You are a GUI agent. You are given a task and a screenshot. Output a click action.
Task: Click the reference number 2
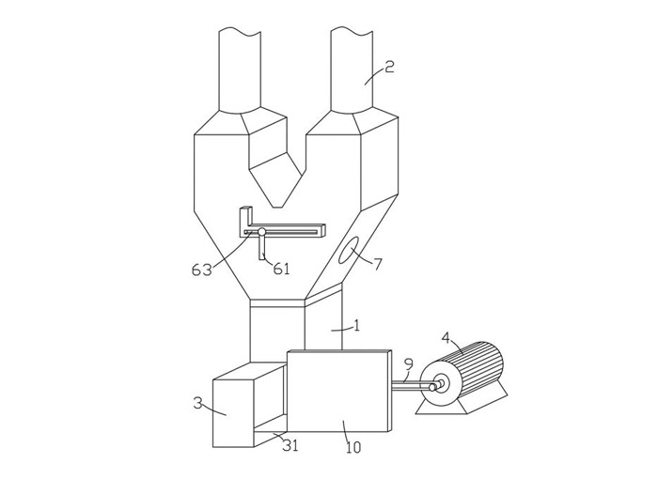point(390,67)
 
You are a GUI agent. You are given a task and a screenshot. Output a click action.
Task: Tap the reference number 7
point(378,264)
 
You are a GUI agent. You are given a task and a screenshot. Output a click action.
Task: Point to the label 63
point(201,270)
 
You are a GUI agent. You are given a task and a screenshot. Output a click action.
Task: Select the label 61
point(281,269)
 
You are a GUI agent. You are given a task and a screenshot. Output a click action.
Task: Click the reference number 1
point(357,326)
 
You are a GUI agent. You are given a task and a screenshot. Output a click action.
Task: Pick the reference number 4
point(446,338)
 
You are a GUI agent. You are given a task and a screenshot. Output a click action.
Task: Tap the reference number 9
point(409,364)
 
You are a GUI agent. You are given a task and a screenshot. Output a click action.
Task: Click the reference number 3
point(197,404)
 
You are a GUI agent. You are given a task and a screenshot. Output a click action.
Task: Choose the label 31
point(290,445)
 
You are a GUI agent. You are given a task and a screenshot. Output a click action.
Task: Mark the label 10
point(353,448)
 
